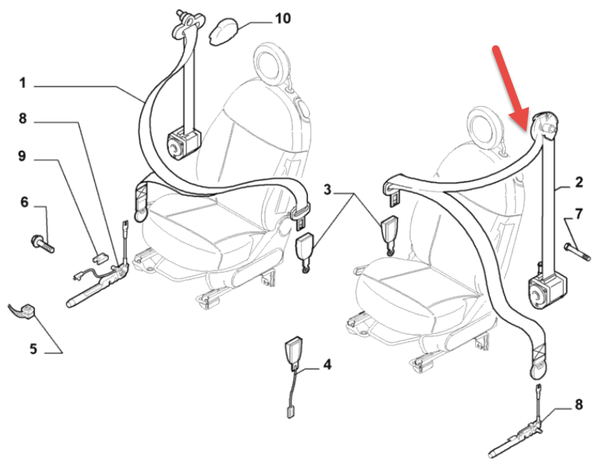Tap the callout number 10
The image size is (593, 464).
(x=283, y=18)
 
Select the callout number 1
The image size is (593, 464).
(x=23, y=83)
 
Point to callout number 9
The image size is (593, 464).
(x=22, y=155)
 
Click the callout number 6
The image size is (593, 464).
(x=25, y=202)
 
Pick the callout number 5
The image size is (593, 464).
(x=34, y=348)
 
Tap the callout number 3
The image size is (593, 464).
(x=327, y=189)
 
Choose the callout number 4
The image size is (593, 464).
(x=327, y=365)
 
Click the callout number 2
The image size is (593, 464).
(x=579, y=182)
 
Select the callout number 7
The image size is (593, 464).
(x=579, y=214)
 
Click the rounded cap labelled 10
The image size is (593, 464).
(x=224, y=32)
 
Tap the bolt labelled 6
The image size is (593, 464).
(x=43, y=244)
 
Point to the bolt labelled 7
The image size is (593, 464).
(x=577, y=252)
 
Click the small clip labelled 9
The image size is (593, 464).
(x=100, y=257)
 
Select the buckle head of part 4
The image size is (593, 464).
(x=293, y=351)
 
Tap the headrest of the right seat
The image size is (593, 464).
(x=486, y=127)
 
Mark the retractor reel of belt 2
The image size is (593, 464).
(x=545, y=290)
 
